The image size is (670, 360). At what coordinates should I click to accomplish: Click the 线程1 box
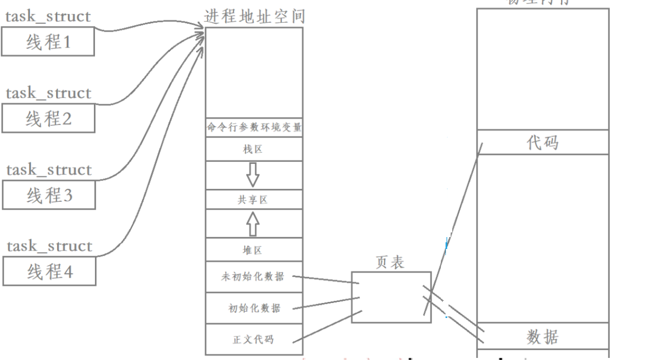[48, 41]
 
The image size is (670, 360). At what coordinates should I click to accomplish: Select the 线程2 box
[48, 119]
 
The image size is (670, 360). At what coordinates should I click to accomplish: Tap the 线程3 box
[48, 196]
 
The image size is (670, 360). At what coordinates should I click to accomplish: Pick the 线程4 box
[48, 271]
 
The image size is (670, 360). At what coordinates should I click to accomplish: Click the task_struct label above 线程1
[48, 16]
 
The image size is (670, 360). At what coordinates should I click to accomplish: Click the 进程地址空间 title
[254, 17]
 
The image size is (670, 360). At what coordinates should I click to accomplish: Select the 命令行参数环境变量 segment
[254, 128]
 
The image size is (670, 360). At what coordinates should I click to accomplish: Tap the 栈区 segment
[254, 149]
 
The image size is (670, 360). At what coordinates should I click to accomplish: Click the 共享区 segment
[254, 200]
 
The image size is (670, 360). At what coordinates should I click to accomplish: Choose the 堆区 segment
[254, 250]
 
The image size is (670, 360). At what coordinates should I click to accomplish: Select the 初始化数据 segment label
[254, 308]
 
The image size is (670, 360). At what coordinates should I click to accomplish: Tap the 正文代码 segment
[254, 340]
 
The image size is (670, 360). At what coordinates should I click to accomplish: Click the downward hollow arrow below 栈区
[253, 175]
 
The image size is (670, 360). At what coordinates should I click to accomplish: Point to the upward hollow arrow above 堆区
[253, 224]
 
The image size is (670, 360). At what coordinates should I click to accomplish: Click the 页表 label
[390, 262]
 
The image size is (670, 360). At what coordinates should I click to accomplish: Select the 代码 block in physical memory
[542, 142]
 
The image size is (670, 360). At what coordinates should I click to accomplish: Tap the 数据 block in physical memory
[542, 338]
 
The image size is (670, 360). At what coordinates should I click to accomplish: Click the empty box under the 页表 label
[391, 297]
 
